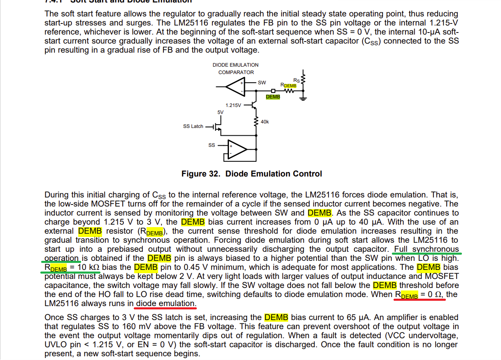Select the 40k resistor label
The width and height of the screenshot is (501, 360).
point(265,122)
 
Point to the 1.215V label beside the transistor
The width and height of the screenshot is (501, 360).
point(233,105)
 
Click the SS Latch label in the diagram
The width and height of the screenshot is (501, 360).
point(193,126)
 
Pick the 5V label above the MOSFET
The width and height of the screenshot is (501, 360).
point(221,112)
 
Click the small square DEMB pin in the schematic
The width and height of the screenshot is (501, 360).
point(273,91)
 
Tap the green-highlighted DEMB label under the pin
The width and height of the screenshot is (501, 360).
point(273,97)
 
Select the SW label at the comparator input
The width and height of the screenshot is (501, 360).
point(262,83)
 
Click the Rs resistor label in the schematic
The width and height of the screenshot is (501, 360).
point(296,80)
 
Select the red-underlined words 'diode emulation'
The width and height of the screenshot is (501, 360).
point(165,304)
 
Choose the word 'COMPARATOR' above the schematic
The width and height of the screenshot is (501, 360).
point(236,72)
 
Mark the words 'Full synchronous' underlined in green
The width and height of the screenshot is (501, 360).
point(426,249)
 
